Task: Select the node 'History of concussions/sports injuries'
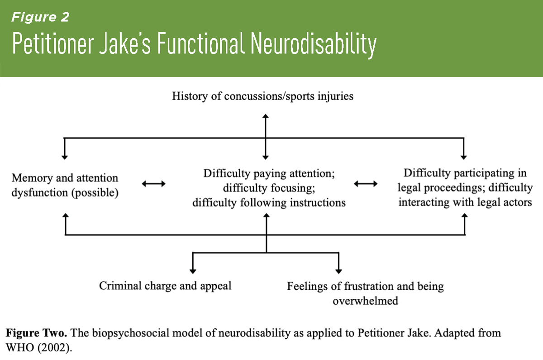pos(263,97)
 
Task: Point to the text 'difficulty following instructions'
pos(269,203)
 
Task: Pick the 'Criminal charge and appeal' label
pos(165,286)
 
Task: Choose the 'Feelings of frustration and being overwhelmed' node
pos(365,293)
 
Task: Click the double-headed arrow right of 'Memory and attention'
pos(153,184)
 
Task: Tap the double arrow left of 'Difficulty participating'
pos(365,184)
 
